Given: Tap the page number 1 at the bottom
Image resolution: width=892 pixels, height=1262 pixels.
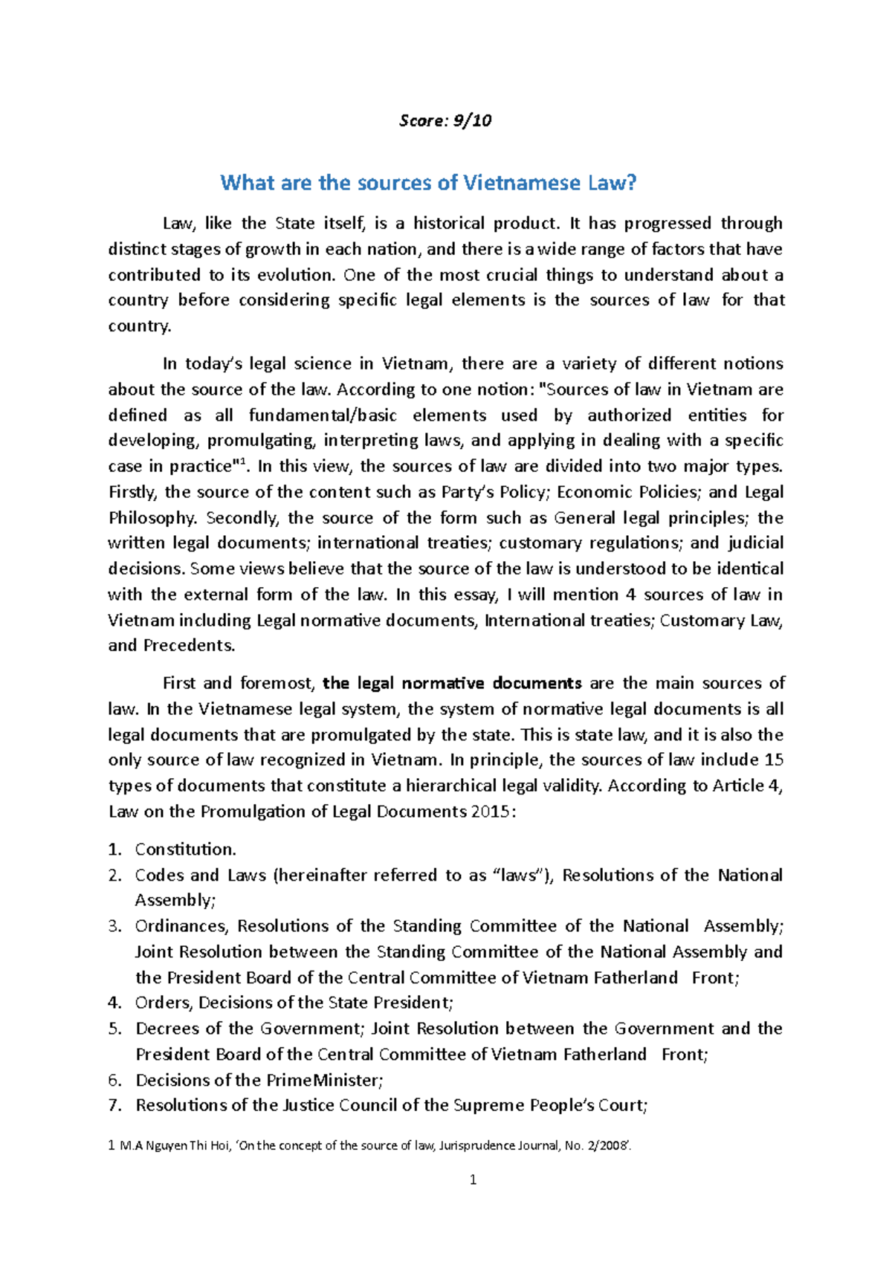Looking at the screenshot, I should [473, 1180].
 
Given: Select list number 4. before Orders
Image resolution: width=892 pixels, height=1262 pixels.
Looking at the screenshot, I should [114, 1003].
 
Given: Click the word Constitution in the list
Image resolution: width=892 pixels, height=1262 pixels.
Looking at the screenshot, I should [185, 850].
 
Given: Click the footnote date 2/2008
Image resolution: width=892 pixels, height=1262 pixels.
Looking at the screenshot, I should [608, 1145].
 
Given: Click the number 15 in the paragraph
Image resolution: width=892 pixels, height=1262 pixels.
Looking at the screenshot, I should [773, 760].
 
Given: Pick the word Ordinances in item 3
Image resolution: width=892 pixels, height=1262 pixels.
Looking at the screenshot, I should [182, 926].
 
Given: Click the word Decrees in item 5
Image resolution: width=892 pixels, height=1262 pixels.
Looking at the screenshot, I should [167, 1029].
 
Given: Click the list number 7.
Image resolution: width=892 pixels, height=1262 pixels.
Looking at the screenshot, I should [114, 1105].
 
